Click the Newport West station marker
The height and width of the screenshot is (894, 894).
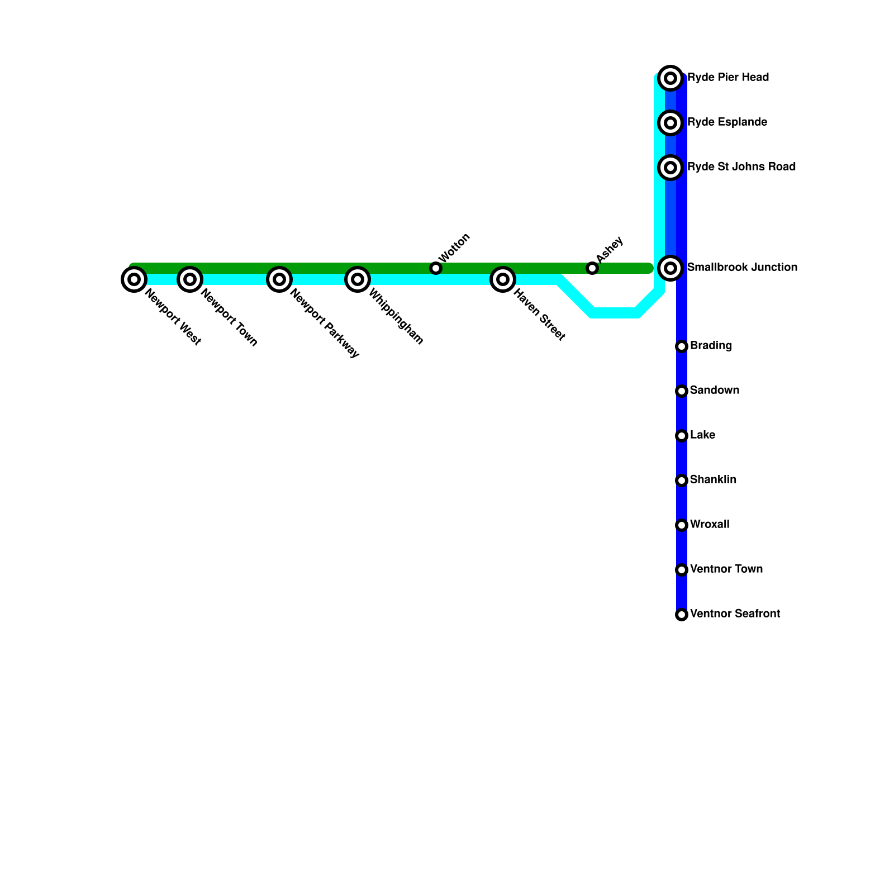[x=134, y=279]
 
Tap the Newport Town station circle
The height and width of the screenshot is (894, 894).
[x=190, y=279]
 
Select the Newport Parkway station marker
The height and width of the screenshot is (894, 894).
[x=279, y=279]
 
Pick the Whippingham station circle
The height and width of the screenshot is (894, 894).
[x=358, y=279]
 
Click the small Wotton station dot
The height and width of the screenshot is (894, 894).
[x=436, y=268]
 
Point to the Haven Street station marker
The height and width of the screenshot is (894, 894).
[x=503, y=279]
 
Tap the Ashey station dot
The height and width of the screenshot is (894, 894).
[x=592, y=268]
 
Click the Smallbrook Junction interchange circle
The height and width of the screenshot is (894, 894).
[x=670, y=268]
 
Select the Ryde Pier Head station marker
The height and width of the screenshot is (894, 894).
[x=670, y=78]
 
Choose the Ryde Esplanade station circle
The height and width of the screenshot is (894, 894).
[x=670, y=123]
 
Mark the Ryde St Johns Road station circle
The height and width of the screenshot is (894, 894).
[x=670, y=168]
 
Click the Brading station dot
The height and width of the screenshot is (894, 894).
[x=682, y=346]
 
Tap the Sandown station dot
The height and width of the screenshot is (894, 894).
[x=682, y=391]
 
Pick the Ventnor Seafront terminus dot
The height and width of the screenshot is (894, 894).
[x=682, y=615]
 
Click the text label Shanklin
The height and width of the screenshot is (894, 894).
[x=713, y=480]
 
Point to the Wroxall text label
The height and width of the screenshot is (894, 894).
[x=710, y=525]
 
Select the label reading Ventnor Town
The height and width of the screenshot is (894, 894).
[x=726, y=569]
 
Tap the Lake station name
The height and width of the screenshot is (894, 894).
[x=702, y=435]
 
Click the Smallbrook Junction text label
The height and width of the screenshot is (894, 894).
[x=742, y=268]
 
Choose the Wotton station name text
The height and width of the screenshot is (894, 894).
[x=455, y=248]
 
